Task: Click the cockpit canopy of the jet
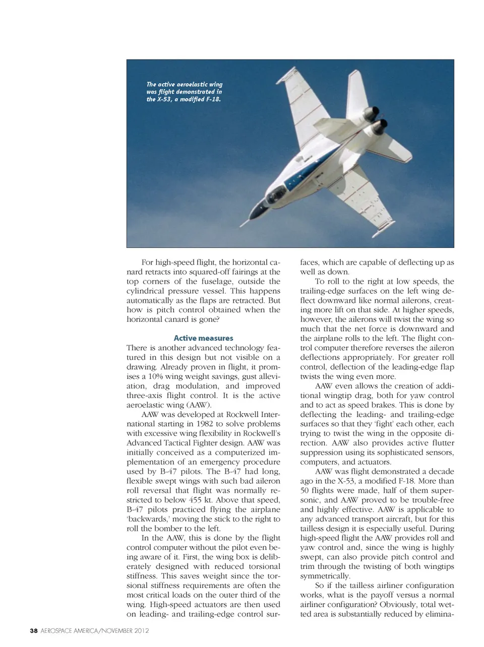coord(276,195)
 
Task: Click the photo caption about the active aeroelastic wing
coord(184,92)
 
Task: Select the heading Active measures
coord(203,338)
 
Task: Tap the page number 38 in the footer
coord(34,630)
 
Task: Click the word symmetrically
coord(325,576)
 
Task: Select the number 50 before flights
coord(306,490)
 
